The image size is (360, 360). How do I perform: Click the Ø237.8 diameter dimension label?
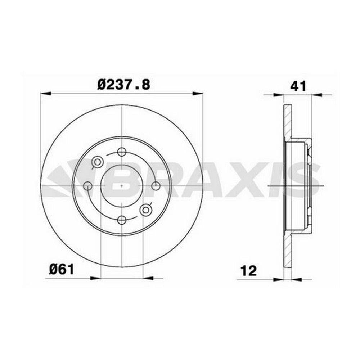123,85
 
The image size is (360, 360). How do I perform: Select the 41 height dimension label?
298,86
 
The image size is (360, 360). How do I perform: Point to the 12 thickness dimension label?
248,271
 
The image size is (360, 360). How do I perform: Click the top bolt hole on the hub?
122,152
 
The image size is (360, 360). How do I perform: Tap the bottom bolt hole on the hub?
122,220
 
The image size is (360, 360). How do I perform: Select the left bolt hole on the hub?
87,186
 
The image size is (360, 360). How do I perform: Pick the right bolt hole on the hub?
156,186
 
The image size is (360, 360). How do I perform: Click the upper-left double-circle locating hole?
97,162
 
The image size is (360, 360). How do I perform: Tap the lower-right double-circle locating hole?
146,210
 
